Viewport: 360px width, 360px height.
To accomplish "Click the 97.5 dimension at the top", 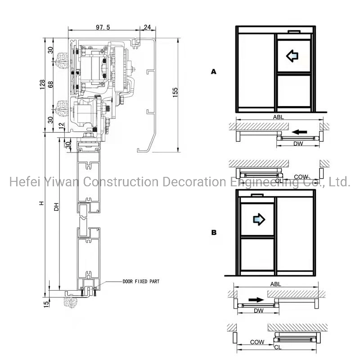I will (103, 27).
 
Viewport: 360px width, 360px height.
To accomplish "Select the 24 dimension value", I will (147, 27).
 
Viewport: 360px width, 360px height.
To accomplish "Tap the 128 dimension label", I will (42, 85).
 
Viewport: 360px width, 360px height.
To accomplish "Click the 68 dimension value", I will (51, 84).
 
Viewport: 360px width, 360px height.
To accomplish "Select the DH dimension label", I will (56, 207).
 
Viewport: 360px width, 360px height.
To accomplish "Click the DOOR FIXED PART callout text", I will (140, 281).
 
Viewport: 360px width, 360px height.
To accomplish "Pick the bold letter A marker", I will (213, 71).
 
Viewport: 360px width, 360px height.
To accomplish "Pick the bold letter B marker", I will (214, 233).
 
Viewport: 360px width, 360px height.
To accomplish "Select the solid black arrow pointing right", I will (255, 299).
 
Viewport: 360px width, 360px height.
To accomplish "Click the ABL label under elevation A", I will (278, 116).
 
